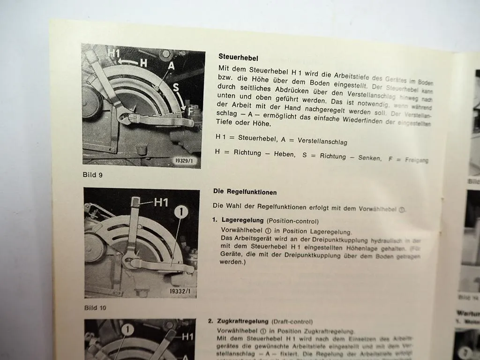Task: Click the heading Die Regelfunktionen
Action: [245, 192]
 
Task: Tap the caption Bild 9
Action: [92, 175]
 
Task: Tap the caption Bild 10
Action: [96, 307]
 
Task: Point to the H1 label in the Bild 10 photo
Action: [161, 202]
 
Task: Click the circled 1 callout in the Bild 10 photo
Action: [180, 212]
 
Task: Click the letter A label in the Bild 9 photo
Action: [171, 66]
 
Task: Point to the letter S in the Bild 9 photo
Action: [175, 87]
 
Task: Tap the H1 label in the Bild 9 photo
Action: [114, 53]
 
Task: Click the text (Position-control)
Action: [292, 221]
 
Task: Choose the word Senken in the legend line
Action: [370, 157]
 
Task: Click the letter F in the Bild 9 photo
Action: [190, 112]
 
